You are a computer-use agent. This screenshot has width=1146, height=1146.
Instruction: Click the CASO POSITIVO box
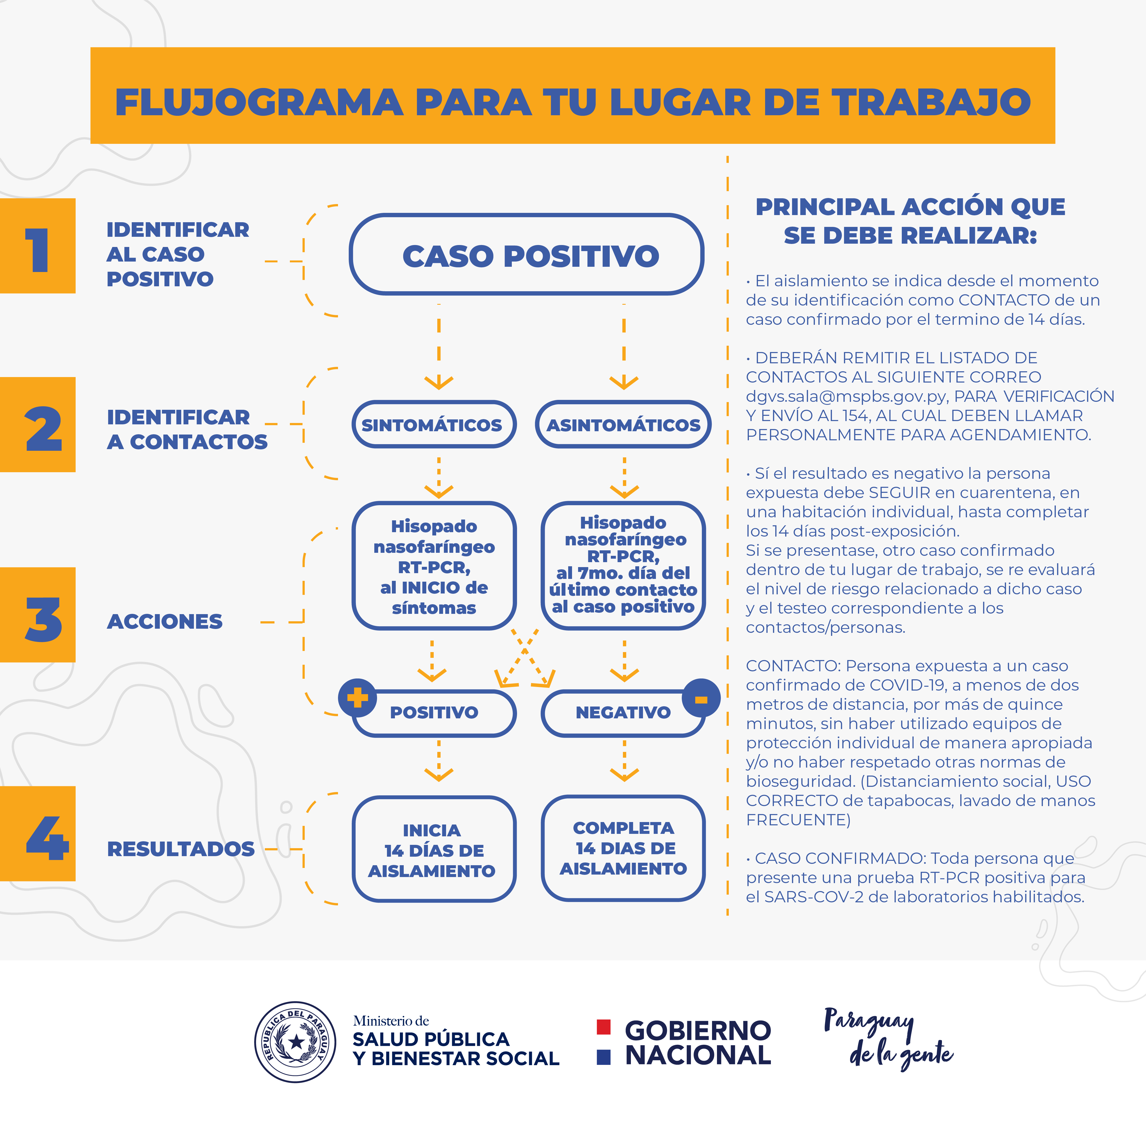point(527,254)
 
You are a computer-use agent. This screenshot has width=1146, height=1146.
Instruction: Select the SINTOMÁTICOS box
point(434,424)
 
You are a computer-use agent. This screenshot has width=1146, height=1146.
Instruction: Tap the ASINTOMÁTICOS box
point(623,424)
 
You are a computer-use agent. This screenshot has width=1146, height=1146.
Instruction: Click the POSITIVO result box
point(434,712)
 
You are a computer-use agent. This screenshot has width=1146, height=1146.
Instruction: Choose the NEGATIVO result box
point(623,712)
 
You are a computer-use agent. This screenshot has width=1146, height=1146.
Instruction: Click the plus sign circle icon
point(357,697)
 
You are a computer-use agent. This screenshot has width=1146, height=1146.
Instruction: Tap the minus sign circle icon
point(701,698)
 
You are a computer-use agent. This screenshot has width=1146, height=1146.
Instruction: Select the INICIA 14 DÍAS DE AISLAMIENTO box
point(434,849)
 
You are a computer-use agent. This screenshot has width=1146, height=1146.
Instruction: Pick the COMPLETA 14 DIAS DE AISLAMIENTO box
point(623,848)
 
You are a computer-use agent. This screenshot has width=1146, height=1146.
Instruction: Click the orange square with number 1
point(38,246)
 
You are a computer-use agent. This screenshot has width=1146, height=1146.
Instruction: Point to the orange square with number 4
point(38,833)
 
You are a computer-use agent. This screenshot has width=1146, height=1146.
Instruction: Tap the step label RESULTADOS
point(181,849)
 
